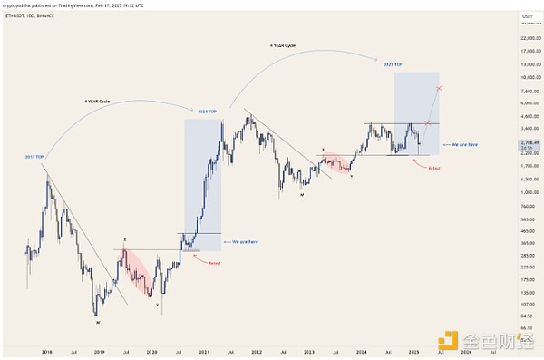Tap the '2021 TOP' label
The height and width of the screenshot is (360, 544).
(x=206, y=111)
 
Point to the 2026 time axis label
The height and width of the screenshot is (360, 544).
(x=466, y=351)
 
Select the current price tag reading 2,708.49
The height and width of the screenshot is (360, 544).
(x=514, y=142)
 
